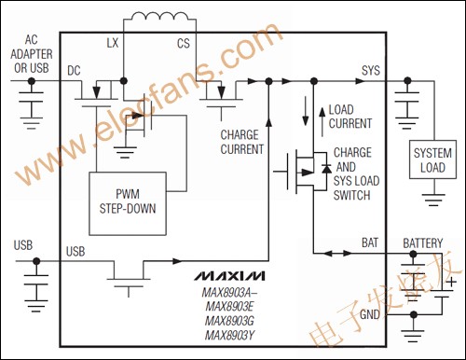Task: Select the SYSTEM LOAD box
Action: click(x=434, y=160)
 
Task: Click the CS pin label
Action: click(x=184, y=44)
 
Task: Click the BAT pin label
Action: click(x=370, y=243)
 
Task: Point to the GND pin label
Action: click(x=370, y=316)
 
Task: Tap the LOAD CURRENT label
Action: click(x=352, y=116)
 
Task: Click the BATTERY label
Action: click(x=422, y=243)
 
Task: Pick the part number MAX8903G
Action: click(x=228, y=319)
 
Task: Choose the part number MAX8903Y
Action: click(x=228, y=334)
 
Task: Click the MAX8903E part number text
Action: click(x=228, y=305)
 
